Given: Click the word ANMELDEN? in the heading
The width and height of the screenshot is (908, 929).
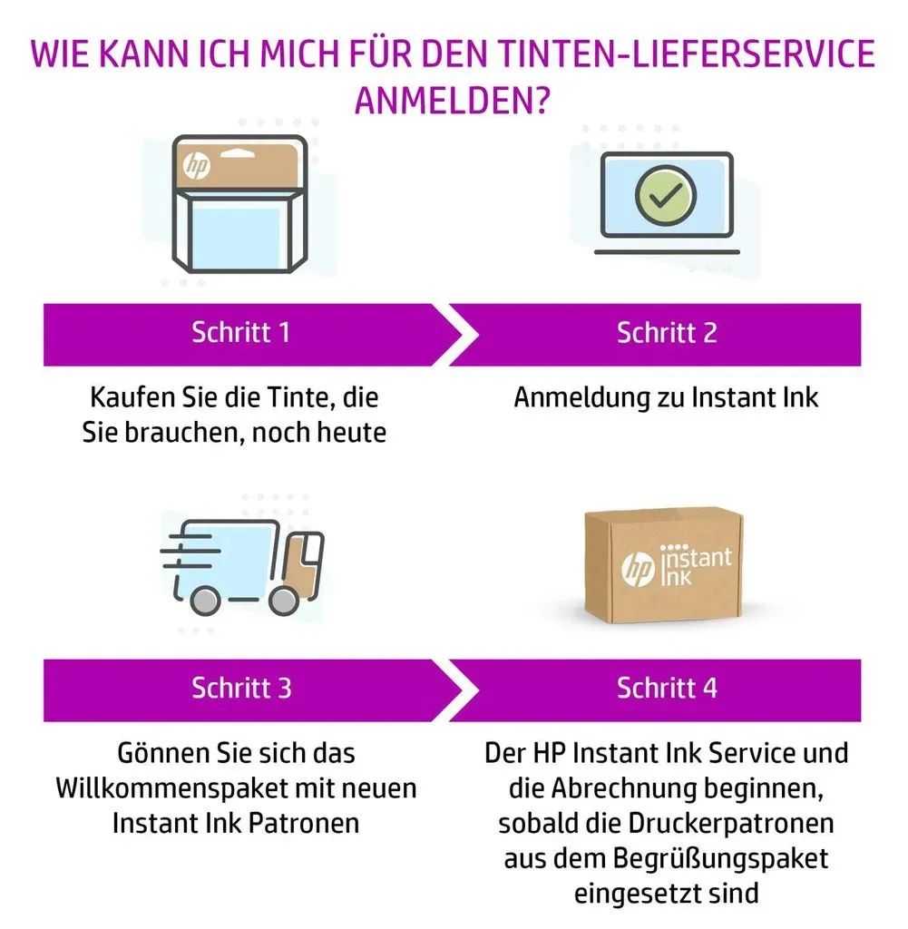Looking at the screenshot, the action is pos(453,100).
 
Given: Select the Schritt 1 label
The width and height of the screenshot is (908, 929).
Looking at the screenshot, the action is pos(240,332).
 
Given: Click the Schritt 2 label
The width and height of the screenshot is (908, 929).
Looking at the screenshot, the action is pos(667,332).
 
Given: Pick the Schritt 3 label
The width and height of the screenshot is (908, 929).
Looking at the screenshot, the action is pos(241,688).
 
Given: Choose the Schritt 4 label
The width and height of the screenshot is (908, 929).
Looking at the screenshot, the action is pos(667,688).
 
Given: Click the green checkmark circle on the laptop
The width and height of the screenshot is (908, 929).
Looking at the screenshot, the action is pos(666,195).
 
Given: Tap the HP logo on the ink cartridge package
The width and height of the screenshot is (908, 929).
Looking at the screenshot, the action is pos(197,165).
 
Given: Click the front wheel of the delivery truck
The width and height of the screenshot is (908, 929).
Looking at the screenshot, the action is pos(284,601).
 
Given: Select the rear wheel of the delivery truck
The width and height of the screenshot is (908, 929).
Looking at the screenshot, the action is pos(205,601).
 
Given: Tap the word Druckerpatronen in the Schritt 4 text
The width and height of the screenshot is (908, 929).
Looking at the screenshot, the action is pos(730,824).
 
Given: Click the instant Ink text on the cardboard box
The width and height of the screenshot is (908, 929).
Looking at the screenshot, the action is pos(696,565).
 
